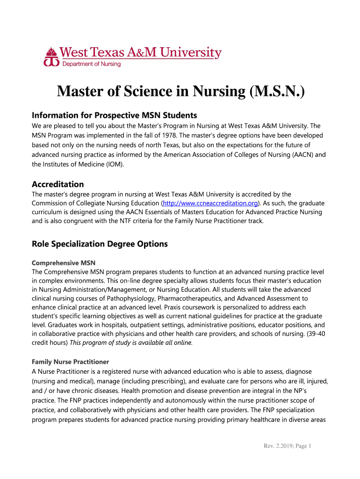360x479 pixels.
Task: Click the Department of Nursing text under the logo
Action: pyautogui.click(x=92, y=64)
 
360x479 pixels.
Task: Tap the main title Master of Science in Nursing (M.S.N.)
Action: pyautogui.click(x=180, y=92)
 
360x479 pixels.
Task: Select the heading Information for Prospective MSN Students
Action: pyautogui.click(x=114, y=115)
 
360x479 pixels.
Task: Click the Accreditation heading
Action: pyautogui.click(x=58, y=184)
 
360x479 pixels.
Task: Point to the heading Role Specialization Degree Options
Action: pyautogui.click(x=99, y=244)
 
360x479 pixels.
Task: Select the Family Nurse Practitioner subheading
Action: pyautogui.click(x=70, y=362)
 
